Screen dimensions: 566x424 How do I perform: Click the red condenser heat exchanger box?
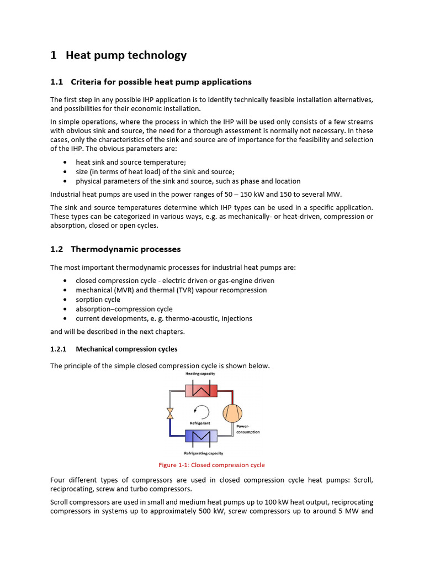(x=201, y=391)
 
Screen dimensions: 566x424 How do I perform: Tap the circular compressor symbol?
(x=232, y=413)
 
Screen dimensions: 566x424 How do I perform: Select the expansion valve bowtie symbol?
(x=170, y=413)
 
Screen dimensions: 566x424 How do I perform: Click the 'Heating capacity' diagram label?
(x=200, y=374)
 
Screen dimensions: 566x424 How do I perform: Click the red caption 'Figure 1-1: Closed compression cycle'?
(x=211, y=465)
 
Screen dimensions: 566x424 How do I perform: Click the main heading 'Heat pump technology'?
(x=126, y=55)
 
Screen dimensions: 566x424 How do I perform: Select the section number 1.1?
(x=57, y=82)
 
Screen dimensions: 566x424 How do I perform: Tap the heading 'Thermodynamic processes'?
(x=133, y=249)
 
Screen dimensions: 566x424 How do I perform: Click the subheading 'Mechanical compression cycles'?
(x=126, y=349)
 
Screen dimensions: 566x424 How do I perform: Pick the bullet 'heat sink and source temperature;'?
(x=131, y=163)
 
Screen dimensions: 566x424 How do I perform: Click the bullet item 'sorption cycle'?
(x=98, y=300)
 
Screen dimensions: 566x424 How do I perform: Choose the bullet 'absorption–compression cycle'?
(x=124, y=309)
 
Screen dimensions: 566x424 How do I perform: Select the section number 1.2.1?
(x=58, y=349)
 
